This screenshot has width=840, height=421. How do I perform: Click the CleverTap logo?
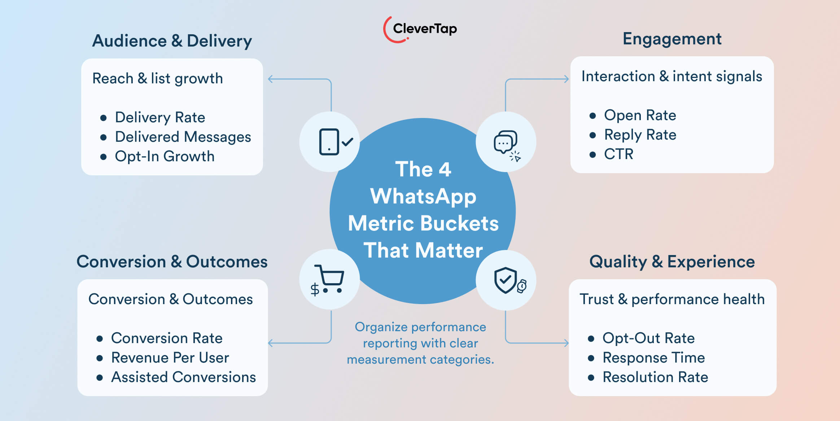coord(420,29)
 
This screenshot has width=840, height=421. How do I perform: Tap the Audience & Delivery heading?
coord(172,41)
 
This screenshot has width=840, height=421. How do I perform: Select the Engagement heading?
coord(672,39)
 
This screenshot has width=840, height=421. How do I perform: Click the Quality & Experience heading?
coord(672,262)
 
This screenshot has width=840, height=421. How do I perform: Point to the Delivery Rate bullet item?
coord(160,117)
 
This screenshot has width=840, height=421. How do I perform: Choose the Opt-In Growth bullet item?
coord(165,156)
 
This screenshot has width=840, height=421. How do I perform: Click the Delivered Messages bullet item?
coord(183,137)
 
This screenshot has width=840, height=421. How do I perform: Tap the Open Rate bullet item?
coord(640,115)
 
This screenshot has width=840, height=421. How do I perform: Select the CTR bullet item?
coord(618,154)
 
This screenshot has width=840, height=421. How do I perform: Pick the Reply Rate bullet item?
coord(640,135)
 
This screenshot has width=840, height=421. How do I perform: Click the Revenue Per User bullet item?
coord(170,358)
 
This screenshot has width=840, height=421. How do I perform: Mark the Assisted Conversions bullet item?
coord(183,377)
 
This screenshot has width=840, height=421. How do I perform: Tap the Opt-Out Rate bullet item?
coord(648,338)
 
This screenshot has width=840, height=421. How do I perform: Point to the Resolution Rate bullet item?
coord(655,377)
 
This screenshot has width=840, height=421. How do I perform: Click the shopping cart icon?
coord(329,280)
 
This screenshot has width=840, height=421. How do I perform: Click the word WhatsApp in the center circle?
coord(423,196)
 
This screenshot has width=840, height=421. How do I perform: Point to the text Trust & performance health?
coord(672,299)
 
